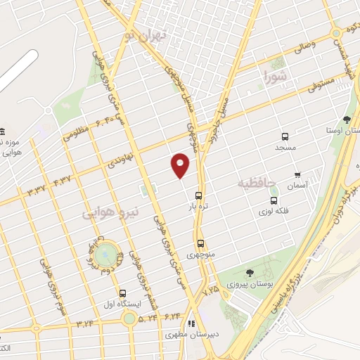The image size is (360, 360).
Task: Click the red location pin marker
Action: (181, 165)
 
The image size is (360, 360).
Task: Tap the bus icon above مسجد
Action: (285, 136)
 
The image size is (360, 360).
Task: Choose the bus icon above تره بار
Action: (199, 195)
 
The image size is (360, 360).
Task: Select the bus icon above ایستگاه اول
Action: (123, 292)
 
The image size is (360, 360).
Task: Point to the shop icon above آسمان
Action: (297, 174)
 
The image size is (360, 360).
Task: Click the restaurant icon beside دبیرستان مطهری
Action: (191, 325)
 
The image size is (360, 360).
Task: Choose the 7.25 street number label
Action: (210, 289)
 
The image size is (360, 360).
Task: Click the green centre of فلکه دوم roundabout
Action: (104, 252)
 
